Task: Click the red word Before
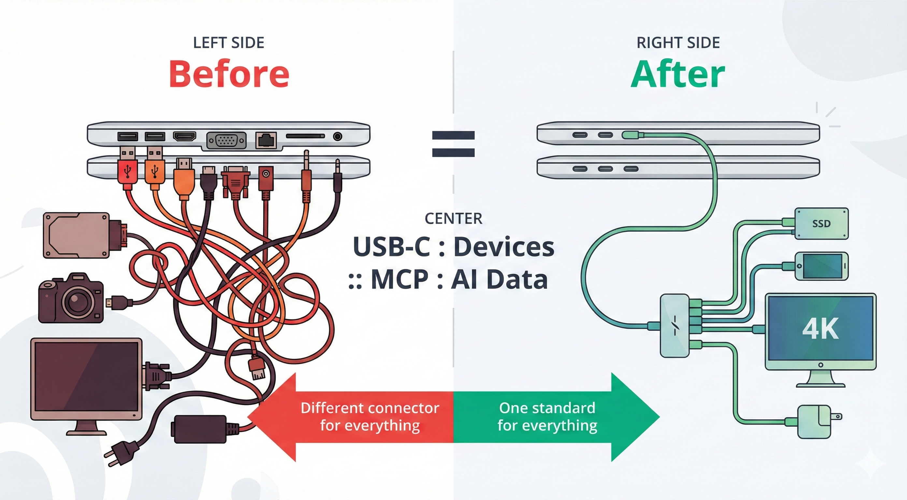click(x=229, y=74)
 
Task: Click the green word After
click(x=677, y=75)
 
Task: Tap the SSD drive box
click(x=821, y=224)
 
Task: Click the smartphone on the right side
click(x=821, y=266)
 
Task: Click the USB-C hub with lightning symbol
click(x=674, y=326)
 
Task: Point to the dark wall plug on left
click(x=118, y=452)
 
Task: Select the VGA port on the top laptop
click(x=226, y=141)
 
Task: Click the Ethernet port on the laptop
click(x=266, y=140)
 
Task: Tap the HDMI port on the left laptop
click(x=184, y=136)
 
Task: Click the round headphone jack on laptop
click(x=337, y=136)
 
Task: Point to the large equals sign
click(x=453, y=144)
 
